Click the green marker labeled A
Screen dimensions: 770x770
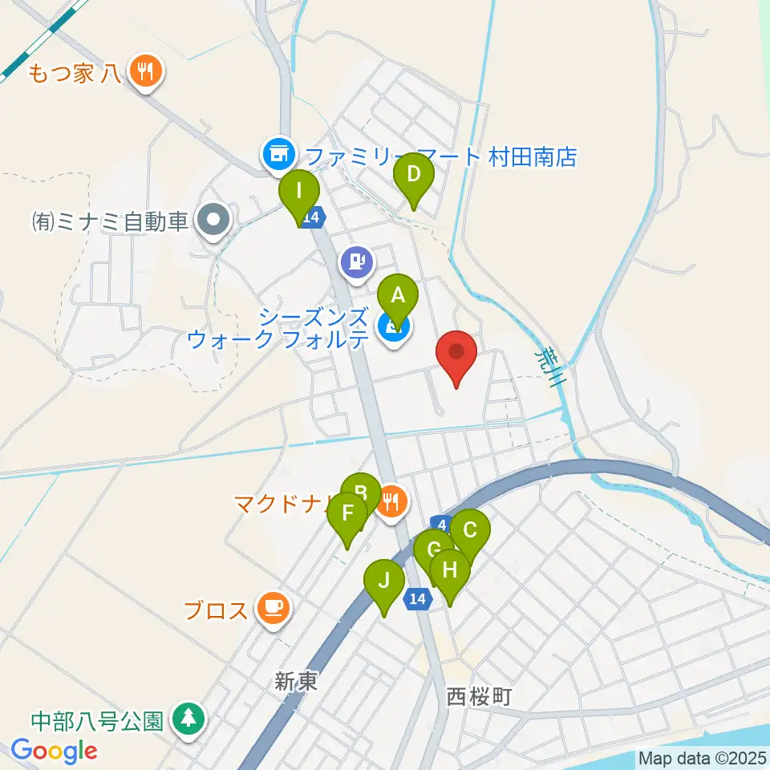click(x=398, y=297)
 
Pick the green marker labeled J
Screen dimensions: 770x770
click(x=384, y=582)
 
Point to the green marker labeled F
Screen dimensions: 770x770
click(x=347, y=514)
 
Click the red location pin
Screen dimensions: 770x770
click(x=456, y=353)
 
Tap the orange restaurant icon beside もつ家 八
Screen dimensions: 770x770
click(x=146, y=73)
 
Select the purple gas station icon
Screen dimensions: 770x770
click(x=356, y=261)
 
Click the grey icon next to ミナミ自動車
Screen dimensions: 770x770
click(x=214, y=219)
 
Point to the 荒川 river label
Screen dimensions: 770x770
click(x=548, y=367)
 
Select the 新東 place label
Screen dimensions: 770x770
click(x=296, y=682)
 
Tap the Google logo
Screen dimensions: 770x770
click(x=54, y=751)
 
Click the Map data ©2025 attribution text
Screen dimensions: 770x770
click(x=701, y=757)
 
